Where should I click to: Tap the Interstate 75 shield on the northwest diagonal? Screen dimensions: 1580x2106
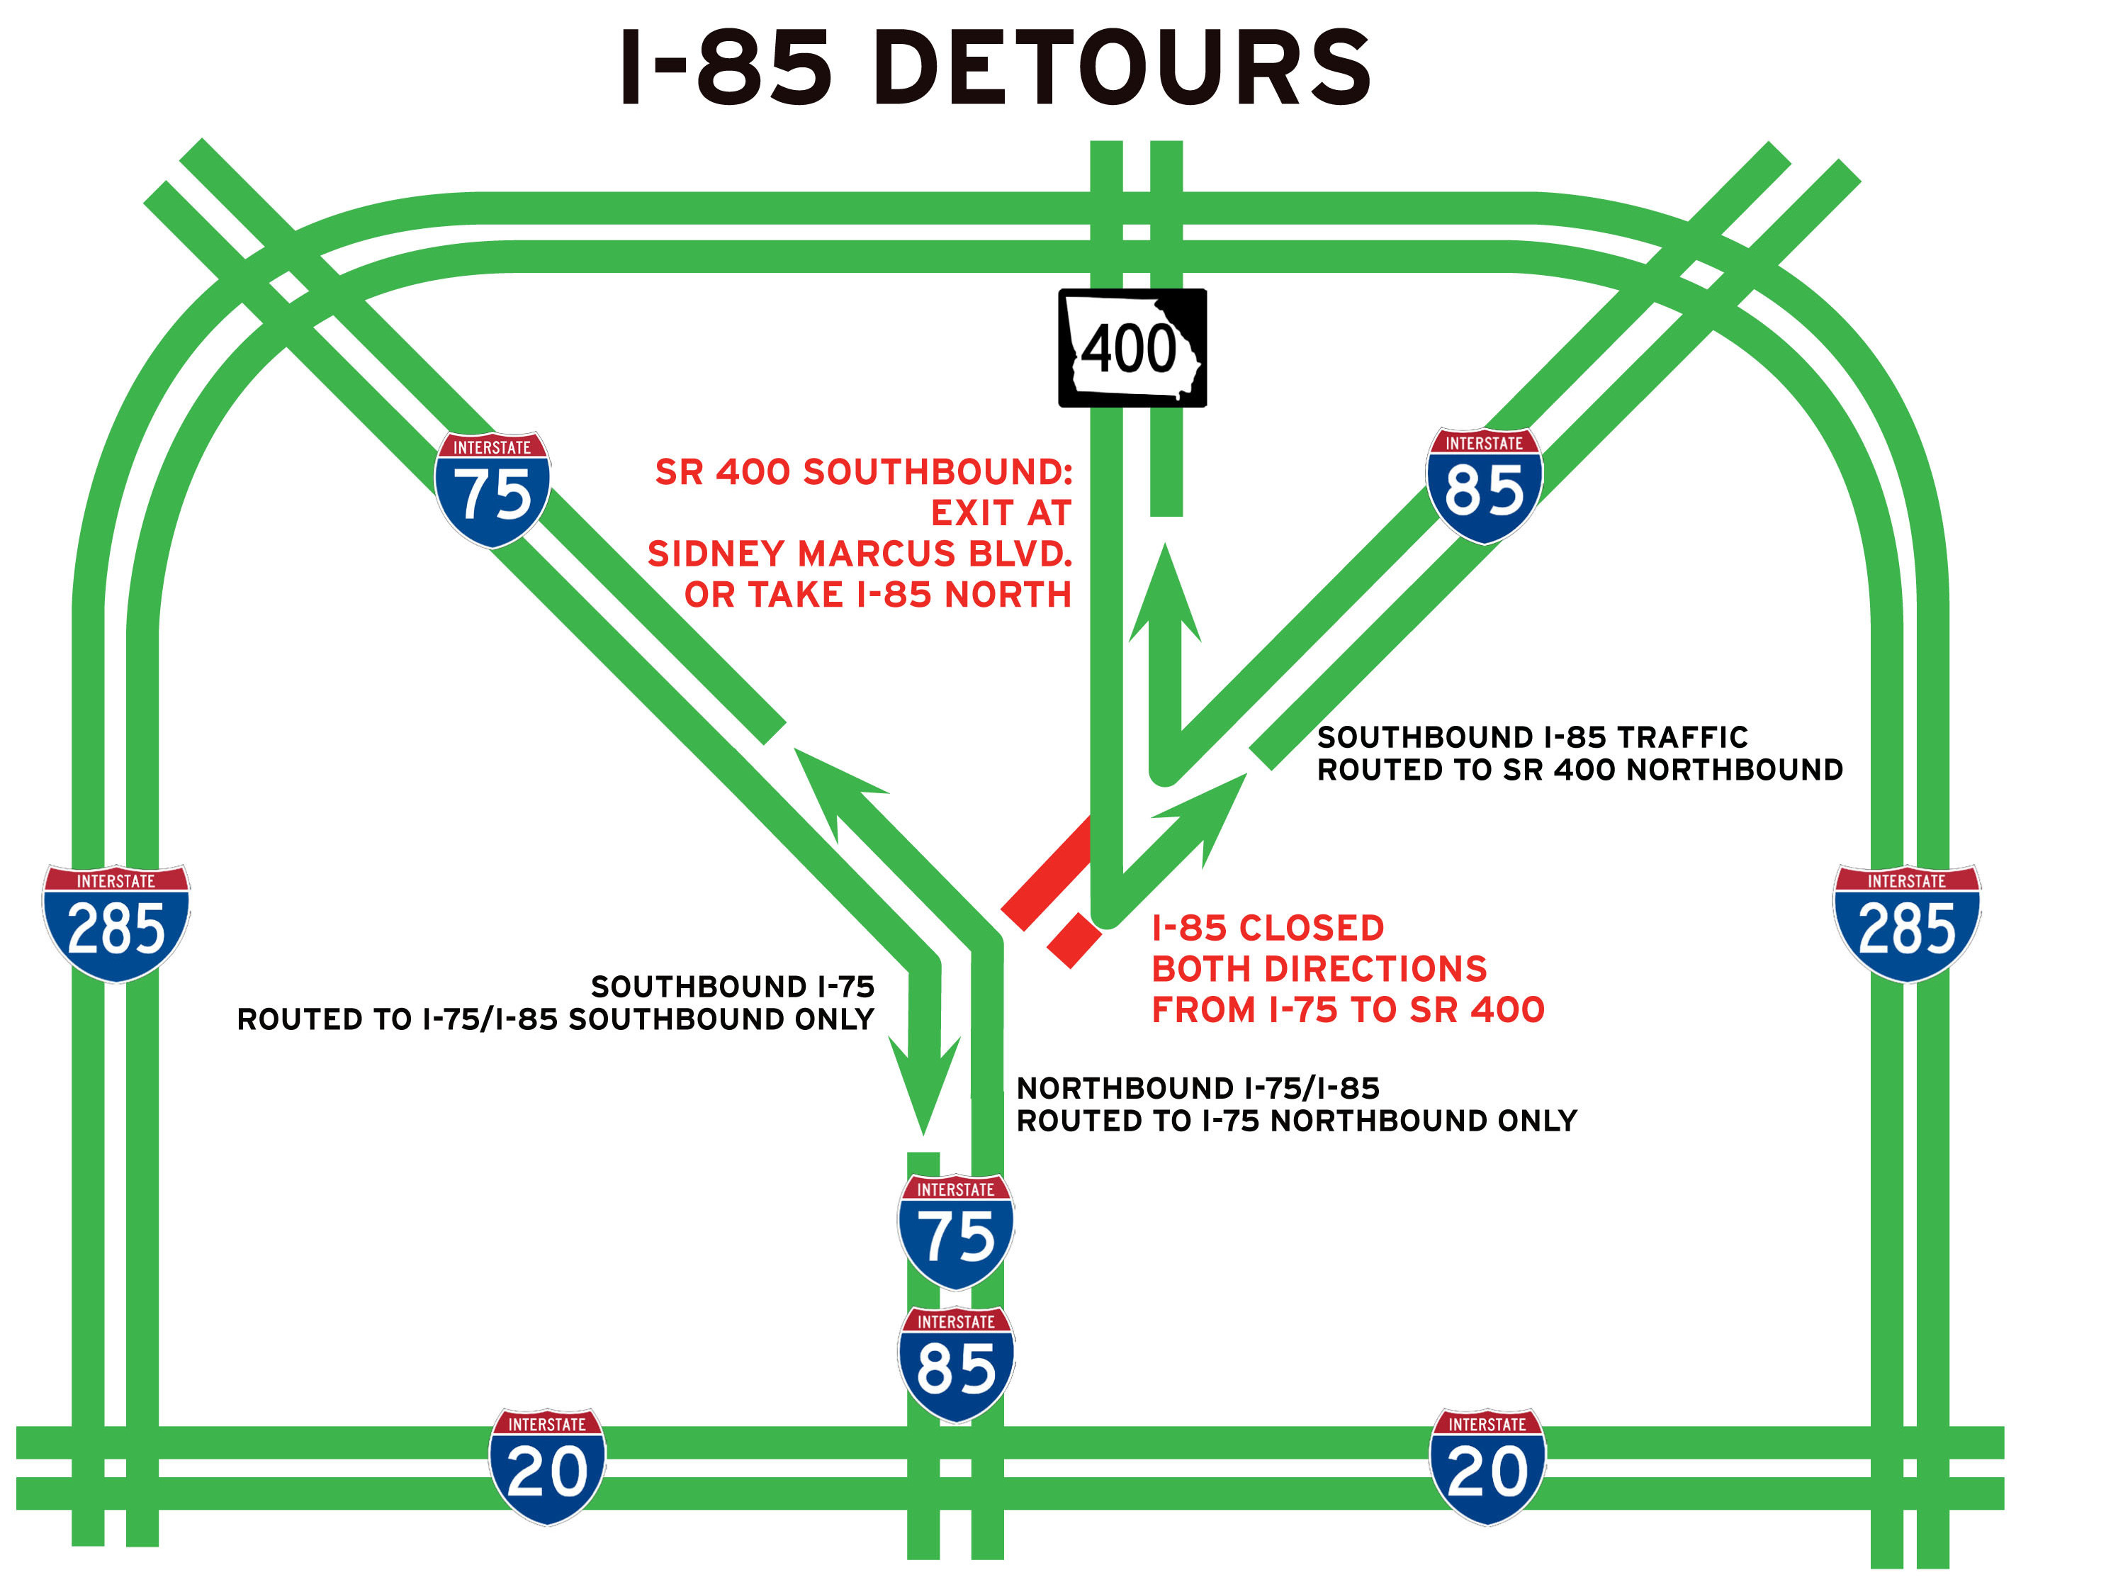point(492,490)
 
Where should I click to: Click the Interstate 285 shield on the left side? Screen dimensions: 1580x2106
point(116,922)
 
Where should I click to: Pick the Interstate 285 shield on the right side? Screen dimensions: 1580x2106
point(1906,922)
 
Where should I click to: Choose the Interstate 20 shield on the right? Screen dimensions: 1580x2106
point(1487,1466)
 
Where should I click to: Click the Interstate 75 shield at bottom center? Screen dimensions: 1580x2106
point(956,1231)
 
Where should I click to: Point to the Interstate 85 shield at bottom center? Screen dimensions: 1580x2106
point(956,1363)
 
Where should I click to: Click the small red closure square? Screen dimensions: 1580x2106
point(1074,941)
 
